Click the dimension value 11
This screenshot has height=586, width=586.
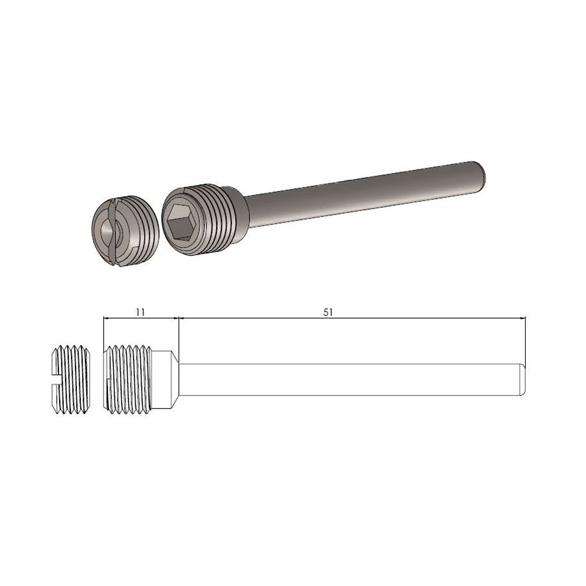[x=139, y=312]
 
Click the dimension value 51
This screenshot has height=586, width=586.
[x=328, y=312]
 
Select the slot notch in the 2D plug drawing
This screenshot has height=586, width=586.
[x=57, y=379]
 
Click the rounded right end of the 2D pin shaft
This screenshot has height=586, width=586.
[x=522, y=379]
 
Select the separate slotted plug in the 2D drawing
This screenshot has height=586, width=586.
[x=70, y=379]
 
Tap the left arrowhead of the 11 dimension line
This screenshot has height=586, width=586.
[x=105, y=318]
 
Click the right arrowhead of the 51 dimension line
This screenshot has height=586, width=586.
[x=523, y=318]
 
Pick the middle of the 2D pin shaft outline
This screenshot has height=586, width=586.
[x=352, y=379]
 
